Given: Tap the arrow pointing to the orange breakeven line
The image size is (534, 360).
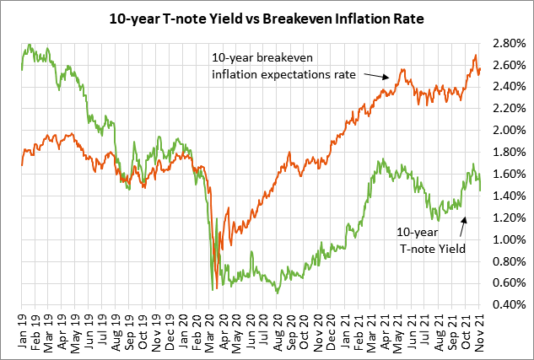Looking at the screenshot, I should tap(376, 77).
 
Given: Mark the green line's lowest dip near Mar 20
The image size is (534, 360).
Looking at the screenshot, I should tap(213, 290).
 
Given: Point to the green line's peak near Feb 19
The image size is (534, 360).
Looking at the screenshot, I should tap(30, 45).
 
